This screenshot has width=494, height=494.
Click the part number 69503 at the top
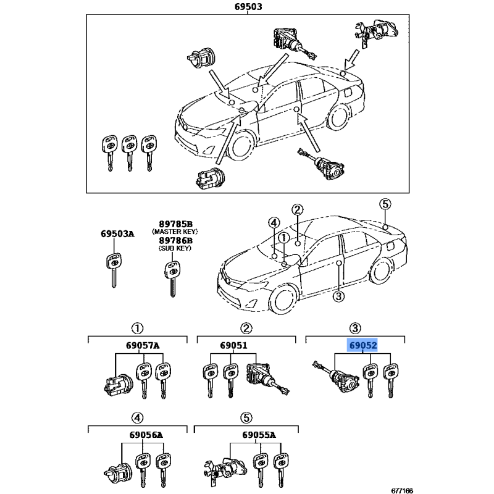tap(248, 6)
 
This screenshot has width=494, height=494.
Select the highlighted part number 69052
tap(363, 345)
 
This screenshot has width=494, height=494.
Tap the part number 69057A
tap(143, 346)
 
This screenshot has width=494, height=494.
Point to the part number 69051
tap(233, 346)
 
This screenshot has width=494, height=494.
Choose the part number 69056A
tap(146, 435)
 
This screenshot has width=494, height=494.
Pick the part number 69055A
tap(259, 435)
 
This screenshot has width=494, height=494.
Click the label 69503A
tap(117, 234)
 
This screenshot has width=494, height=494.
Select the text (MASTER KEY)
tap(175, 232)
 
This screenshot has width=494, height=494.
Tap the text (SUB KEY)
tap(175, 248)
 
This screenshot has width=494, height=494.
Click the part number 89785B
tap(175, 224)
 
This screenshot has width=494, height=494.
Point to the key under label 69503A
tap(114, 270)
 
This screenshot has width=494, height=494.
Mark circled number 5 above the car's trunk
tap(385, 204)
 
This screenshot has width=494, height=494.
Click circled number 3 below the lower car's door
tap(338, 296)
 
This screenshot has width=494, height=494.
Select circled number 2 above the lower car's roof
tap(298, 209)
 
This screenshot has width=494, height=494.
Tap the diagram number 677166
tap(402, 490)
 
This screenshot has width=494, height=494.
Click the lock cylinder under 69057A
tap(118, 385)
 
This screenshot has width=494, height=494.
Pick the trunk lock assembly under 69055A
tap(225, 471)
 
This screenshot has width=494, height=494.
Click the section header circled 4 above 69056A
tap(137, 418)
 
